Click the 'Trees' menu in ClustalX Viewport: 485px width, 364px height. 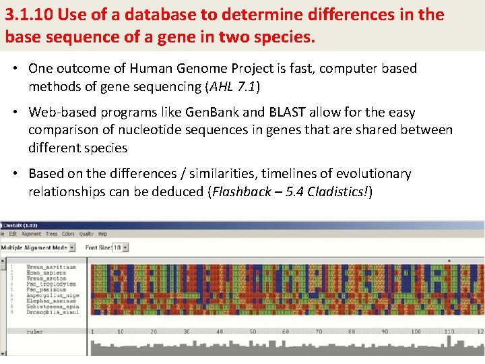click(x=51, y=234)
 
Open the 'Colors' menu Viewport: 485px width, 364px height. click(x=68, y=234)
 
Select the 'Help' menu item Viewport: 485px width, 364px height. click(x=102, y=234)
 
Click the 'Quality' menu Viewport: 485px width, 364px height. click(x=86, y=234)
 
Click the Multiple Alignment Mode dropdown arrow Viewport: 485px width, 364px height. click(x=77, y=247)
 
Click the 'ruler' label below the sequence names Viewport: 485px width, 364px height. click(x=34, y=332)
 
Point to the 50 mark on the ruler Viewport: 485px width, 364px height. click(x=253, y=332)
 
